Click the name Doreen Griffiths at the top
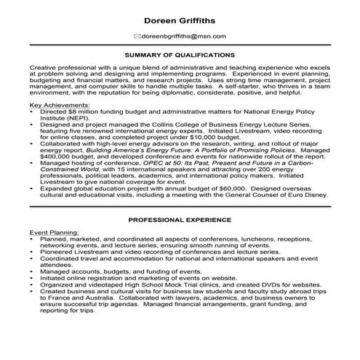click(x=180, y=20)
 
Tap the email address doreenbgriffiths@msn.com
click(x=185, y=36)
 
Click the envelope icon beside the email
click(x=137, y=36)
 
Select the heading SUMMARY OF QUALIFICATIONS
click(x=180, y=55)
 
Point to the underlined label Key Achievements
click(x=60, y=105)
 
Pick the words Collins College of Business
click(x=201, y=125)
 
